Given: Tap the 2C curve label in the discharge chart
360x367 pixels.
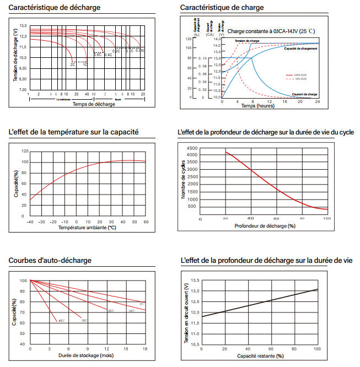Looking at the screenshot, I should coord(72,65).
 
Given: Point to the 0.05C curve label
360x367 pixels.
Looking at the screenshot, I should coord(140,51).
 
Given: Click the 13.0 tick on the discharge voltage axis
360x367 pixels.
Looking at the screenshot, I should coord(23,26).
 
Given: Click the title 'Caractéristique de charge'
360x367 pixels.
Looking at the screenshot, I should coord(222,8).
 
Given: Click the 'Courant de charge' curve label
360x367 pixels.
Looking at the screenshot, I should coord(305,94).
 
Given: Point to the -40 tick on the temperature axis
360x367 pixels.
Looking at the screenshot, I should coord(30,222).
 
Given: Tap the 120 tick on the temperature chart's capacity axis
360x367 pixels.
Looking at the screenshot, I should coord(24,151).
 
